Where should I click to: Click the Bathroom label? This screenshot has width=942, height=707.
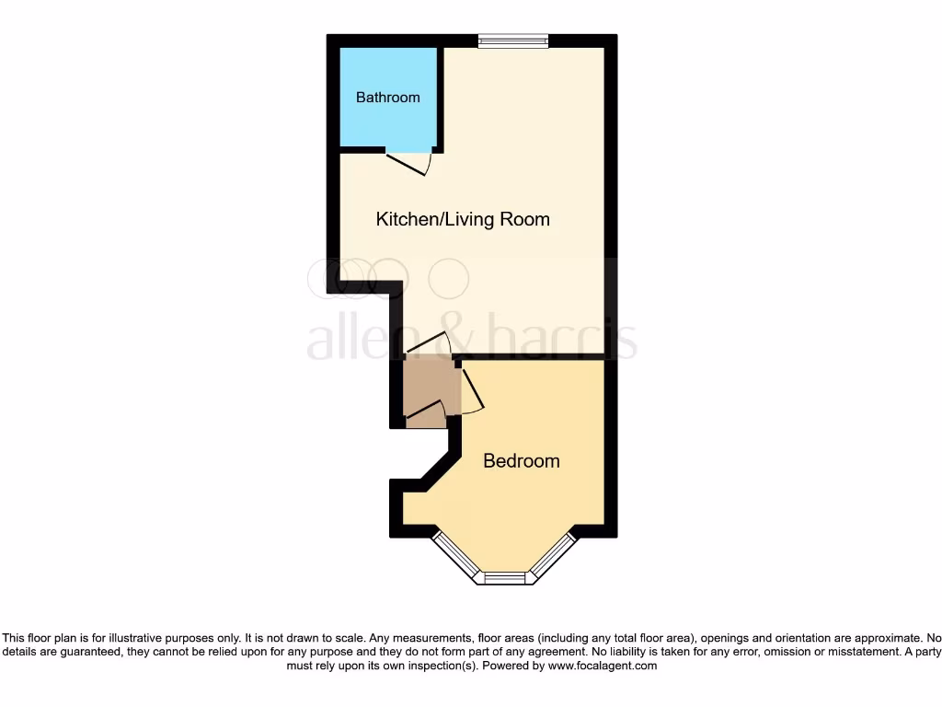pos(387,98)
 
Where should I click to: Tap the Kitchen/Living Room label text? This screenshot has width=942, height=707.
pos(463,219)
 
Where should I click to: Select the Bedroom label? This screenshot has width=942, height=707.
pos(521,460)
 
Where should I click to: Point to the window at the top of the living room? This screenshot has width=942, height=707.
pos(513,40)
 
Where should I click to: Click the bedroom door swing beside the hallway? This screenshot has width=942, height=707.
pos(470,391)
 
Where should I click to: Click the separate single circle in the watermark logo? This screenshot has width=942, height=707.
pos(449,279)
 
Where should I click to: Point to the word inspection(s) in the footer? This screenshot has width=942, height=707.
pos(435,665)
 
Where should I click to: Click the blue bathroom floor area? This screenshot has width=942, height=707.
pos(386,124)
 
